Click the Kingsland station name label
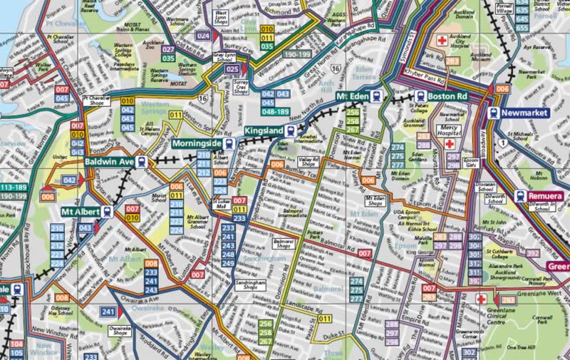coord(264,131)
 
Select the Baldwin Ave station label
coord(109,162)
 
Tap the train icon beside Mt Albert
coord(108,212)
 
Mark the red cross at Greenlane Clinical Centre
coord(482,299)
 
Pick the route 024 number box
coord(204,35)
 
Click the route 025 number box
coord(232,69)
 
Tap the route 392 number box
coord(532,252)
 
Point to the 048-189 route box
coord(276,111)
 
